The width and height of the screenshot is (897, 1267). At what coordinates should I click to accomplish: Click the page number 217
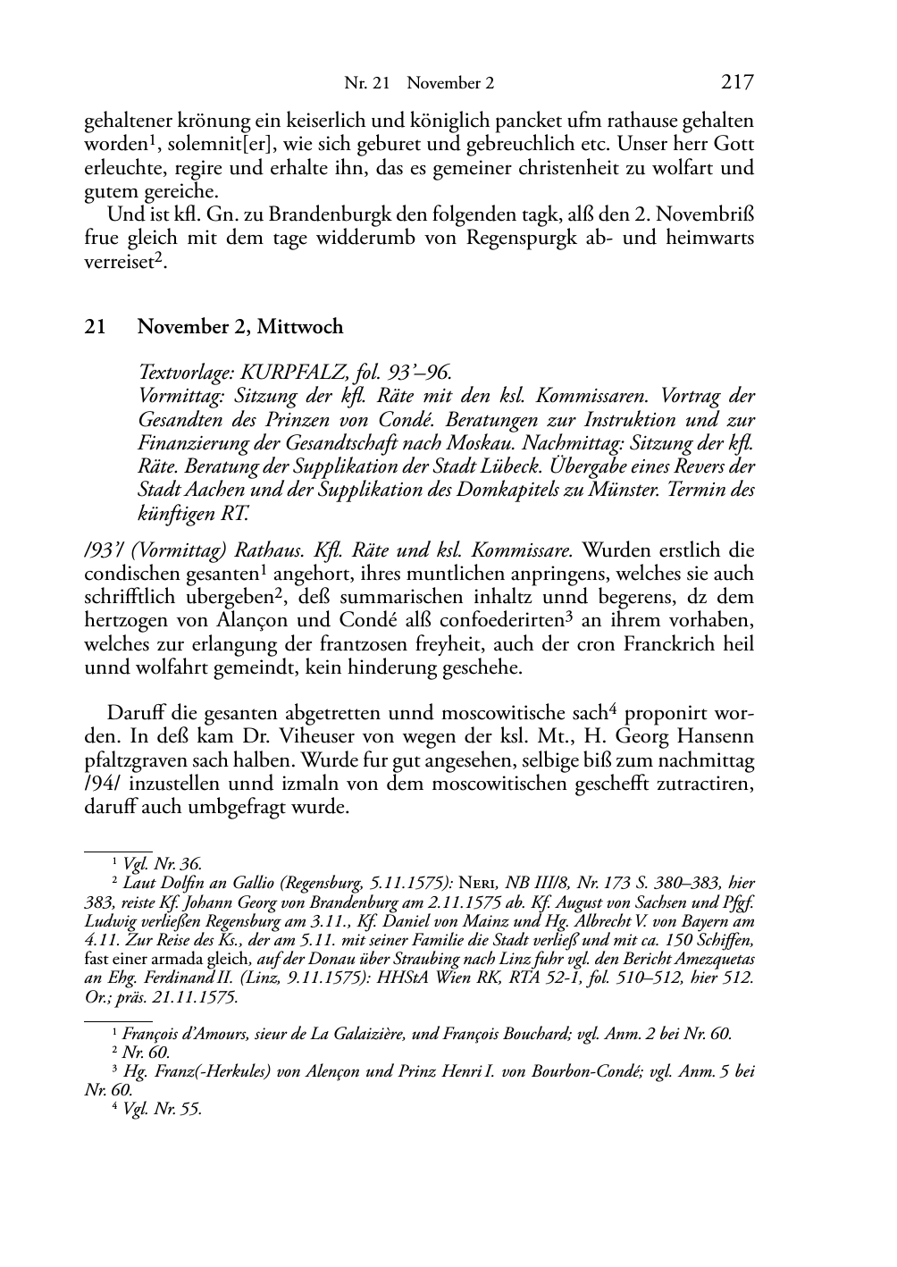(x=737, y=83)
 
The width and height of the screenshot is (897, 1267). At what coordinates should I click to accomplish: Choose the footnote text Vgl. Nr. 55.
(x=163, y=1109)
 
